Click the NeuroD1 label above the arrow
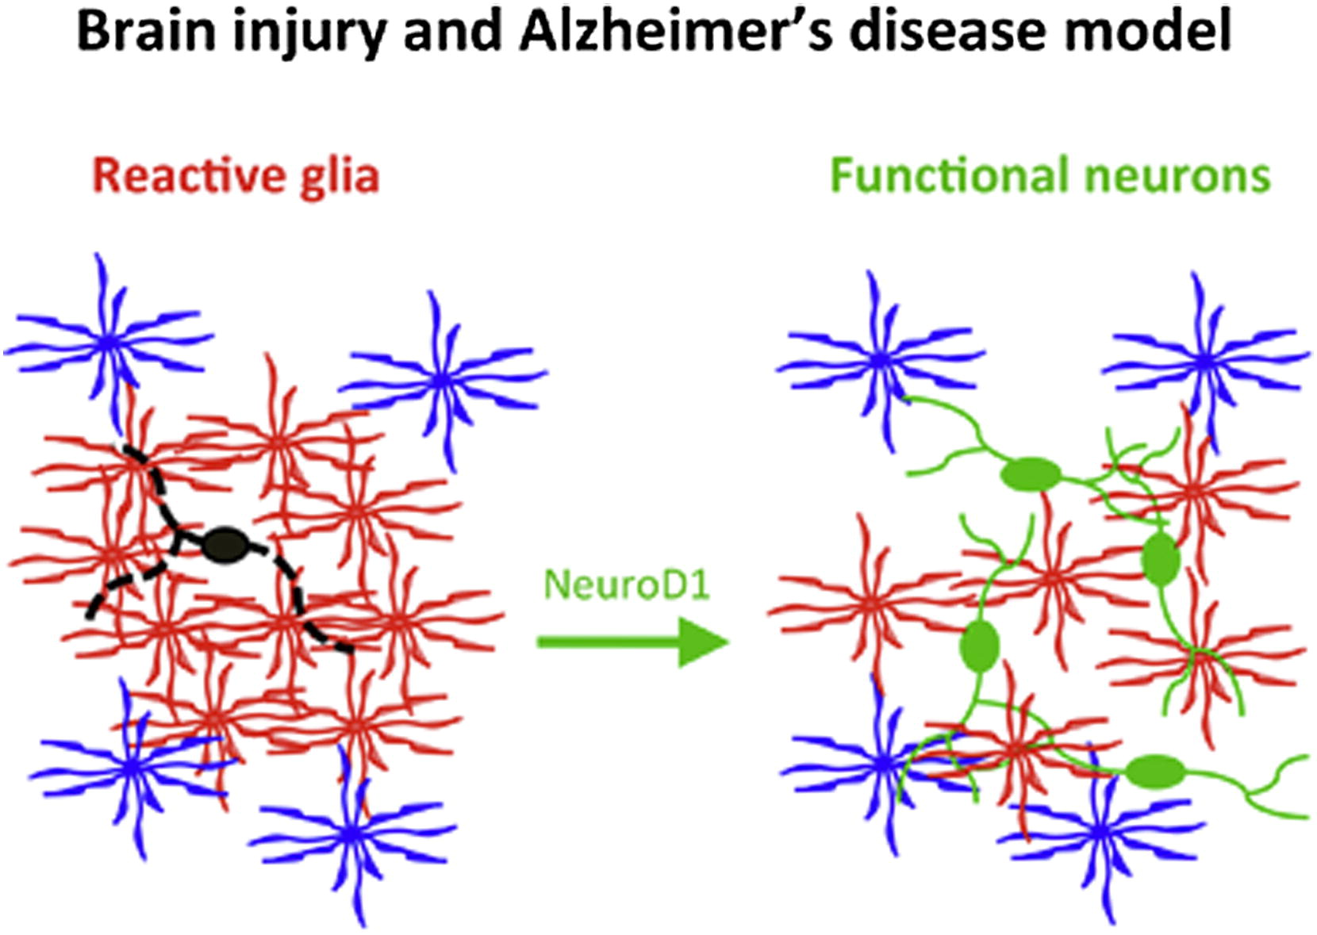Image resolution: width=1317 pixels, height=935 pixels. click(627, 584)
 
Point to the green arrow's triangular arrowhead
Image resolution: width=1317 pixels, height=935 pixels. click(703, 642)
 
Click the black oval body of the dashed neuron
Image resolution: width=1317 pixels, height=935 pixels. click(226, 546)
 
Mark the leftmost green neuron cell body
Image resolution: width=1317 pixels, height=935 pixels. click(980, 646)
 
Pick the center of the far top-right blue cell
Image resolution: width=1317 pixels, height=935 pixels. click(1204, 361)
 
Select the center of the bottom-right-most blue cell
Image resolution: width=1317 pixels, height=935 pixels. click(1098, 832)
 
